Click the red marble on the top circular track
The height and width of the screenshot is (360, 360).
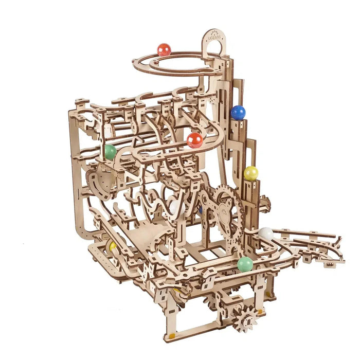click(x=164, y=50)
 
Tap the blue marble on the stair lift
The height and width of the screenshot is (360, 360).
click(x=238, y=113)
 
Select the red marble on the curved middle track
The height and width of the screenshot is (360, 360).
click(x=194, y=140)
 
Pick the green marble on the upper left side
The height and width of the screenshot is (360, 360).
click(x=110, y=152)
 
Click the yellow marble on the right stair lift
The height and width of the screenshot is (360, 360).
click(x=251, y=173)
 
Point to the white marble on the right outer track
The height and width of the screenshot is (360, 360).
click(x=266, y=234)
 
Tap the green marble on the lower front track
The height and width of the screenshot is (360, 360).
click(x=245, y=264)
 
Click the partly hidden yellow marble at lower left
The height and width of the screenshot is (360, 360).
click(x=113, y=246)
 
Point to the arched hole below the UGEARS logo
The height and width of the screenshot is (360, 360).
click(x=215, y=49)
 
